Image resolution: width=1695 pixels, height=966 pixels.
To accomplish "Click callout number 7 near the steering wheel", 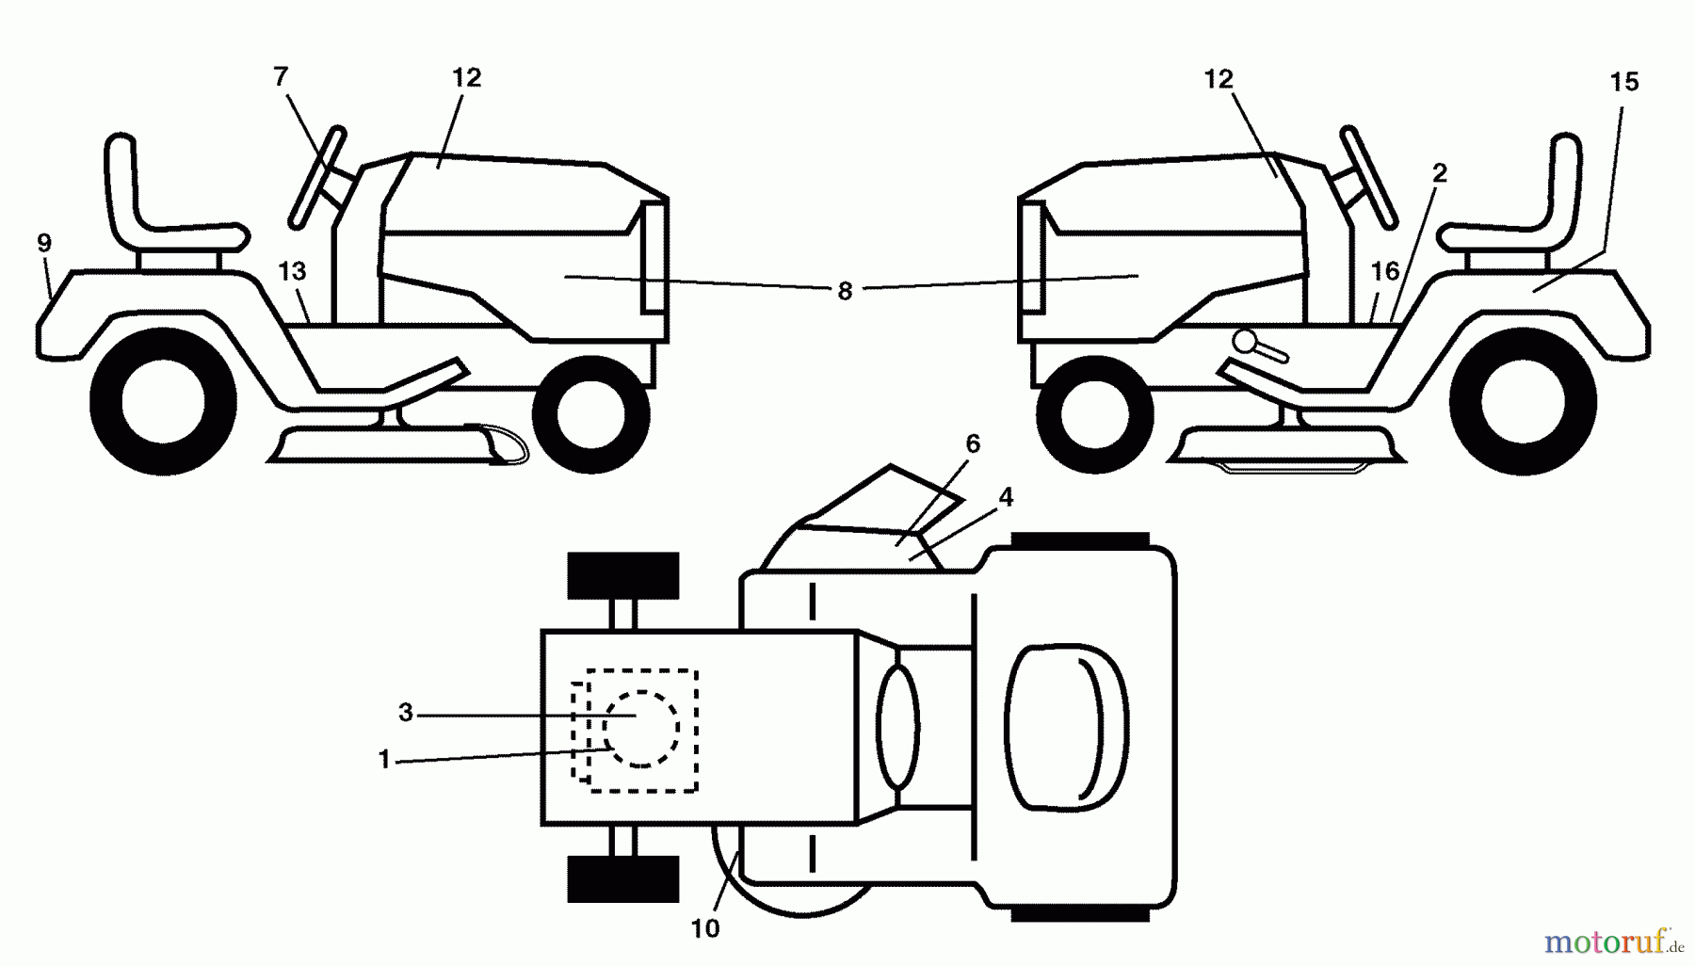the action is pos(281,76).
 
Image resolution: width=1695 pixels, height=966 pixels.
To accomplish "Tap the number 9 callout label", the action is pos(44,243).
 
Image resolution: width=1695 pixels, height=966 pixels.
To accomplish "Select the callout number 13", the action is pos(293,271).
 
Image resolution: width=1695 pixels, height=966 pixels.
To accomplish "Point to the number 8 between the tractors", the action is pos(845,292).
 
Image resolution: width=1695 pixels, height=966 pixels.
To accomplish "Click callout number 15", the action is pos(1624,82).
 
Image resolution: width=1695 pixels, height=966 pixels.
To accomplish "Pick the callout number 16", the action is pos(1384,272).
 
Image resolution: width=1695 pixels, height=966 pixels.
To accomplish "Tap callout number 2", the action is pos(1439,173).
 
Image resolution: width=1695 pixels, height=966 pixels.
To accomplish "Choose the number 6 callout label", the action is pos(973,443).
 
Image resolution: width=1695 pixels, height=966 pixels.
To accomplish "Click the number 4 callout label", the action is pos(1006,497).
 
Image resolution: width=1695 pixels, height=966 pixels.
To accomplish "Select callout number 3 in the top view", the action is pos(406,713).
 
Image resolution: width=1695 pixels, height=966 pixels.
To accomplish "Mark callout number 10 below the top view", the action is pos(705,928).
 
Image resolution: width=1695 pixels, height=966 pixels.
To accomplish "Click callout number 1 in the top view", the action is pos(384,759).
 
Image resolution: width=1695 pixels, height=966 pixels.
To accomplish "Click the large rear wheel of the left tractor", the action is pos(163,402).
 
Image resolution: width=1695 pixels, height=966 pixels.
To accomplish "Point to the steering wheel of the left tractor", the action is pos(316,177).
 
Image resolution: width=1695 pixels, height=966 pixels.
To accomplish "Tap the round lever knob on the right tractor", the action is pos(1244,342).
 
